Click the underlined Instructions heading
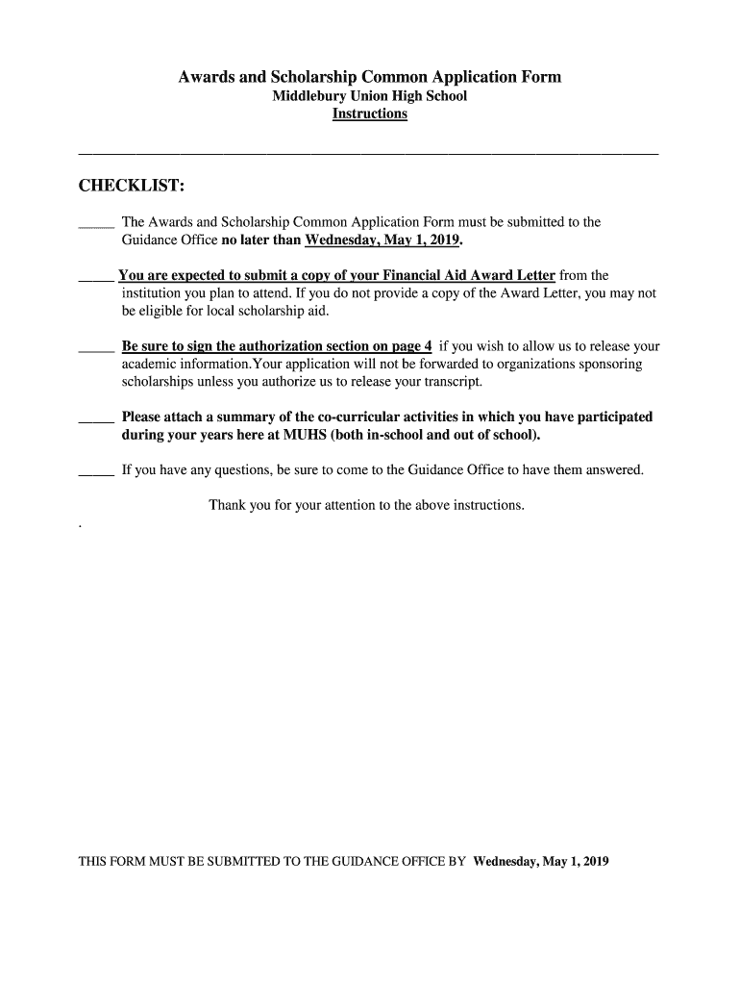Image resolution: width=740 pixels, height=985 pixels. (369, 114)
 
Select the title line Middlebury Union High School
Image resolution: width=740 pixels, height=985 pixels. (369, 96)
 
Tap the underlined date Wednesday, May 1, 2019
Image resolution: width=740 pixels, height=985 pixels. (382, 240)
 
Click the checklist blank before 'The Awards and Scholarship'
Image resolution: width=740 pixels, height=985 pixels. (95, 224)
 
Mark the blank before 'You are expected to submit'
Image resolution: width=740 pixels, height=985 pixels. (95, 278)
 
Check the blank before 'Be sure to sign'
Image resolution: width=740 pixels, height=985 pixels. (95, 348)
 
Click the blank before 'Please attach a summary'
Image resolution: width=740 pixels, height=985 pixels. (95, 419)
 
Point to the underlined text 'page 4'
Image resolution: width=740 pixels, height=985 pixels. (408, 346)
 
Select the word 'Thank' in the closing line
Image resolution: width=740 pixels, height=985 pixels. (227, 505)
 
